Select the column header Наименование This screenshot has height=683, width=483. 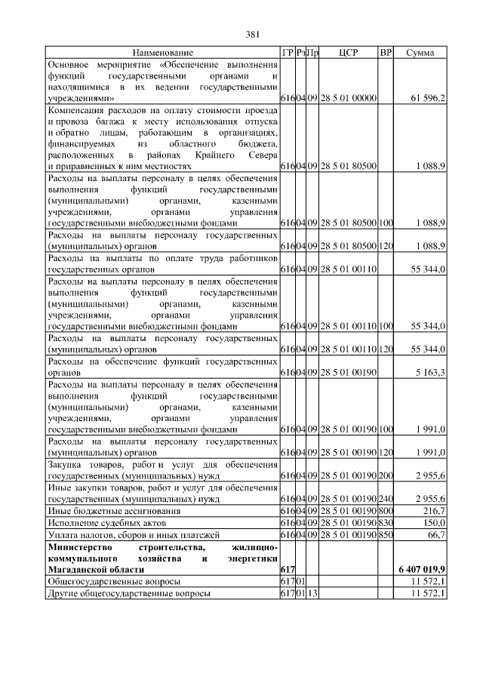162,53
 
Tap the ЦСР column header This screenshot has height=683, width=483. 348,53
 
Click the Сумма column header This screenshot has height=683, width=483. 420,53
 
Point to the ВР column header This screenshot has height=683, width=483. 386,53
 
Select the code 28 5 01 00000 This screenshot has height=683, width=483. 348,99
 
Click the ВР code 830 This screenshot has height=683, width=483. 386,523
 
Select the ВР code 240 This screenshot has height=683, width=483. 386,499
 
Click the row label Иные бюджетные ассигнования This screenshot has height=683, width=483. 110,511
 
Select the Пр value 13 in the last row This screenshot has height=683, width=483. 313,593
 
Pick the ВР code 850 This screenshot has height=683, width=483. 386,535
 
